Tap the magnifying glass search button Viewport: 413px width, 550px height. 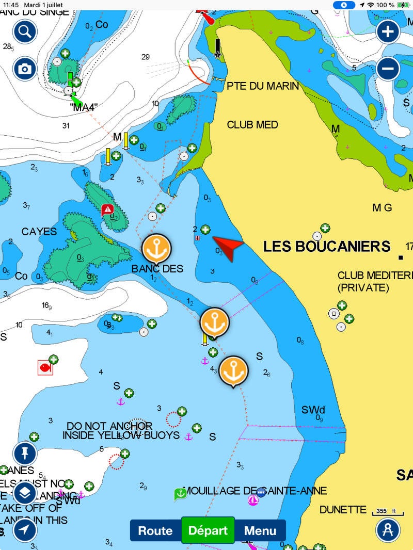[25, 32]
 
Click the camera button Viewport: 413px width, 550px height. [25, 69]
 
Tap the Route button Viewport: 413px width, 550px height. [155, 530]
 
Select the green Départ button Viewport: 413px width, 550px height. [208, 530]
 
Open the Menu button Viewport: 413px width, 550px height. [260, 530]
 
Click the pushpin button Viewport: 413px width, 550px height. [25, 454]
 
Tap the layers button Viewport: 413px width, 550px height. [25, 493]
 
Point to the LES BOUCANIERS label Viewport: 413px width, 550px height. [327, 247]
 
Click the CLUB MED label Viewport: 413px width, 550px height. [252, 125]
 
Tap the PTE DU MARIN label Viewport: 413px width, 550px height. [263, 86]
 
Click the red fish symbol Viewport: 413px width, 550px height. [45, 367]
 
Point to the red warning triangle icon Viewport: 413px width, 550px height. [107, 209]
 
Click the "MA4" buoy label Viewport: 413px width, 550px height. [84, 107]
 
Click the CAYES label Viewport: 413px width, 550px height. [39, 232]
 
